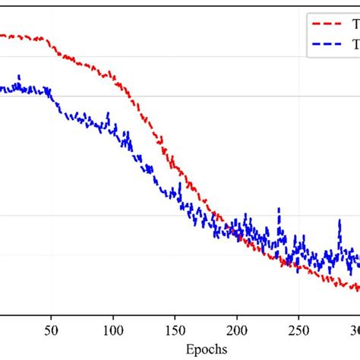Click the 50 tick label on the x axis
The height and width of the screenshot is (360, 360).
52,330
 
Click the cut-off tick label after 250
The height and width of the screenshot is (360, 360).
354,330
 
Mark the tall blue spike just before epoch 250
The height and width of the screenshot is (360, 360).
279,208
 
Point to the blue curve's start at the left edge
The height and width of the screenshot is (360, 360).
2,89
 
